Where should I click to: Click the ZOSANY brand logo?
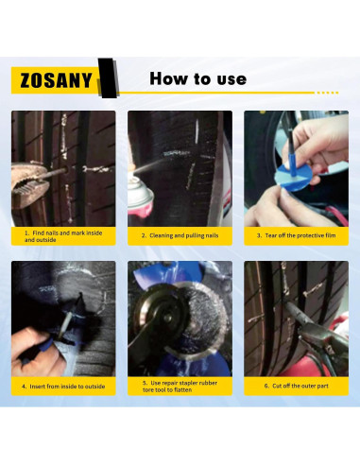(x=53, y=79)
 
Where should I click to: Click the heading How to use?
(x=197, y=78)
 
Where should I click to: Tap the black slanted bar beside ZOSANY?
(x=107, y=77)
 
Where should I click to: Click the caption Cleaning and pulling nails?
(x=180, y=235)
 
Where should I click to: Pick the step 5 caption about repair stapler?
(x=180, y=386)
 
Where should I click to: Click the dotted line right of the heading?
(x=327, y=92)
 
